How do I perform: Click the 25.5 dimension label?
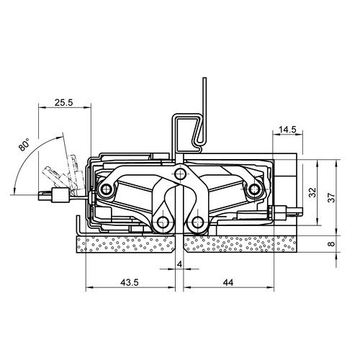coord(63,102)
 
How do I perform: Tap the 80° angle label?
coord(24,144)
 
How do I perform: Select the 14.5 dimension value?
coord(287,130)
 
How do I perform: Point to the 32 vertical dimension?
coord(312,192)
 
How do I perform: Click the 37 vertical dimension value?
coord(331,197)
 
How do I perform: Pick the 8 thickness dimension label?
coord(331,244)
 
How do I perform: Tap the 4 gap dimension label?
coord(179,264)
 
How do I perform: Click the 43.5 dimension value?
coord(130,282)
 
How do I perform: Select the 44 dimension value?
coord(228,282)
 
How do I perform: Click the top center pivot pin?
coord(180,173)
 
